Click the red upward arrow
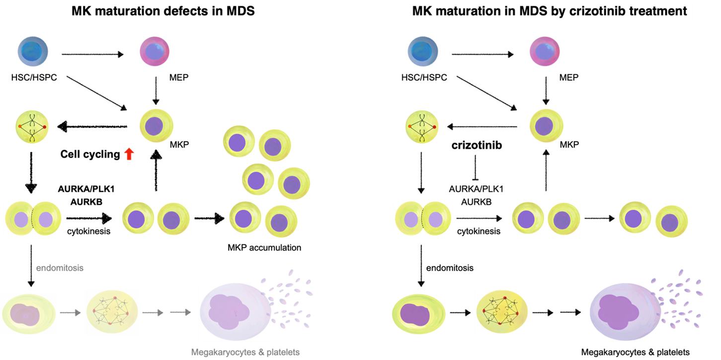tap(129, 154)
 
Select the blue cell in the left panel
tap(33, 51)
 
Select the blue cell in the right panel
tap(422, 51)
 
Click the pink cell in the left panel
tap(155, 51)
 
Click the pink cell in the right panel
tap(545, 51)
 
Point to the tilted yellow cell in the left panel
tap(157, 126)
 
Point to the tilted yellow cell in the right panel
tap(547, 126)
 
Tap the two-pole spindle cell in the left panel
tap(32, 127)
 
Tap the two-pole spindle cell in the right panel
tap(422, 127)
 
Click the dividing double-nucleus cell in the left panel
tap(33, 218)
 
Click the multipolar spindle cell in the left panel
tap(112, 312)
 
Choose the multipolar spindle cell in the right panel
tap(501, 312)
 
